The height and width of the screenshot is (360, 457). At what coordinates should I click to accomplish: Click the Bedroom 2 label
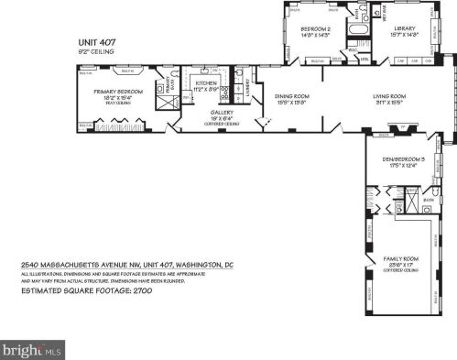(x=315, y=29)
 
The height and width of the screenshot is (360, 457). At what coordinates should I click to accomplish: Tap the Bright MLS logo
(x=32, y=348)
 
